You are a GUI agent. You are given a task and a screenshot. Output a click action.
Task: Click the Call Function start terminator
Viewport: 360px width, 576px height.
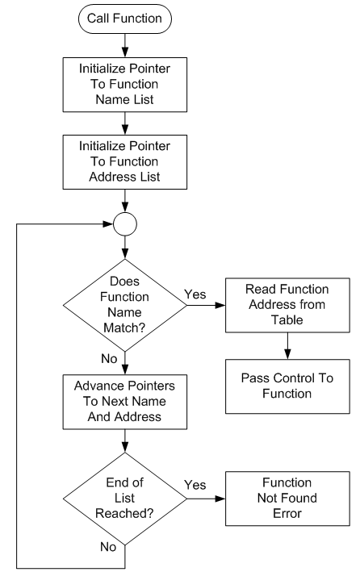(124, 19)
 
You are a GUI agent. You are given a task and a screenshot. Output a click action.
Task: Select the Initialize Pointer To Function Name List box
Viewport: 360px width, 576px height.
(124, 85)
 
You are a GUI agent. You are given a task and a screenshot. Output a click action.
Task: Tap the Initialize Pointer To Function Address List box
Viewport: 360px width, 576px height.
(124, 162)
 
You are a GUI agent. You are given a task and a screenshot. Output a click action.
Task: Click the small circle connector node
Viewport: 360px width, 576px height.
(125, 224)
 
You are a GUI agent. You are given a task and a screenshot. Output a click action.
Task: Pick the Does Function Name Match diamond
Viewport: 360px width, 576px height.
(125, 305)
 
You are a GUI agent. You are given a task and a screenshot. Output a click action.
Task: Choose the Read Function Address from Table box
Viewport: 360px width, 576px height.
(287, 305)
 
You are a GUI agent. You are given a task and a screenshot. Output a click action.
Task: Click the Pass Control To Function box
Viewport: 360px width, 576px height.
(287, 386)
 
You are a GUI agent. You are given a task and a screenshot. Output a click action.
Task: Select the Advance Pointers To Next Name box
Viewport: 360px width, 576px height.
(124, 402)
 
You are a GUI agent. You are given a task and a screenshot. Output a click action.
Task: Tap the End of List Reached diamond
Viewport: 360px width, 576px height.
(125, 499)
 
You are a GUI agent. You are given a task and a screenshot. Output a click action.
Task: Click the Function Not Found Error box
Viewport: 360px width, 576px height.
(287, 499)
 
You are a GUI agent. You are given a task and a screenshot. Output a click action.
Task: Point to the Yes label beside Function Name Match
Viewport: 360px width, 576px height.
(195, 294)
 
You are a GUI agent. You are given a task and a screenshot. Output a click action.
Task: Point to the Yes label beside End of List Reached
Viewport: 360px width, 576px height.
(195, 485)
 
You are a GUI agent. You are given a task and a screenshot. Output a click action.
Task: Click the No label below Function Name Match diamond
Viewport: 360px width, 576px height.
(109, 358)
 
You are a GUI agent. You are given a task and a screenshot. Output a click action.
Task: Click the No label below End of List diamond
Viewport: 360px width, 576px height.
(108, 547)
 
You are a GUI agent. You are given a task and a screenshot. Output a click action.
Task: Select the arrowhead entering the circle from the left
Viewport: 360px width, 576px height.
(108, 224)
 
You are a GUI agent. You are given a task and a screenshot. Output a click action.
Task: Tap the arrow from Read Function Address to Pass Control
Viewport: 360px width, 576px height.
(287, 346)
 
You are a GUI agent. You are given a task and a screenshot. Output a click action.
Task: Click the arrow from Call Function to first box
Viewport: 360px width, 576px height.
(125, 45)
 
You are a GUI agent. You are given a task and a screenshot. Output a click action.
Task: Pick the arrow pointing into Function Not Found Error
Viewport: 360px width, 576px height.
(207, 499)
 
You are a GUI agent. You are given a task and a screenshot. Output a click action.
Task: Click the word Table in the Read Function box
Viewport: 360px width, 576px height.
(287, 320)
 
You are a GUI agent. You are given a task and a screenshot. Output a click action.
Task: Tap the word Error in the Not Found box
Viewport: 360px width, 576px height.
(287, 514)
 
